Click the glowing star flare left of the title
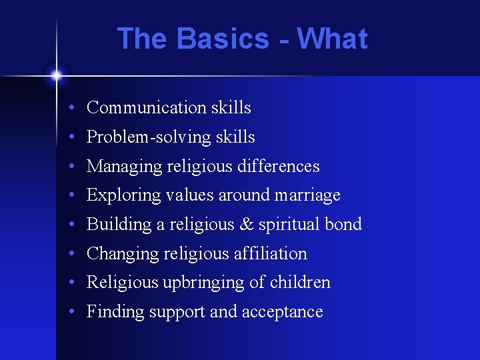(57, 75)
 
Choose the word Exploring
(118, 196)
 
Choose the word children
(300, 283)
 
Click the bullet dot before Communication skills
(70, 108)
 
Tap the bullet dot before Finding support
(70, 312)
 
